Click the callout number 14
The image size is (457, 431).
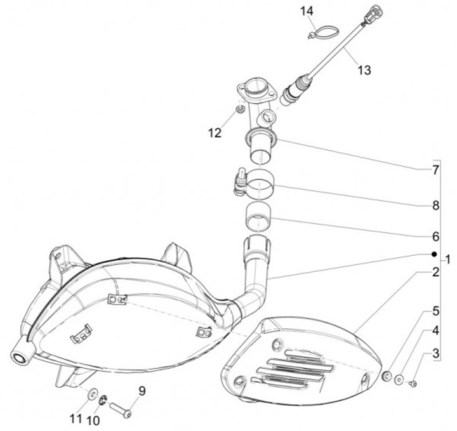tap(307, 11)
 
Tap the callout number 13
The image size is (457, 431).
tap(363, 70)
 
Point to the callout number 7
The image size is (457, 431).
tap(435, 169)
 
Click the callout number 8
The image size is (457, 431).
tap(435, 205)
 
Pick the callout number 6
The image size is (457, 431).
tap(435, 236)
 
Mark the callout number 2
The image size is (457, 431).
tap(435, 273)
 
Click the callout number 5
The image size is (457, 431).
tap(435, 311)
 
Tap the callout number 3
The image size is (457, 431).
tap(435, 354)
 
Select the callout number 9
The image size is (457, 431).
tap(142, 391)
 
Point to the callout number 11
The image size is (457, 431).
tap(77, 418)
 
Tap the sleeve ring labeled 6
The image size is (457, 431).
tap(258, 216)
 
